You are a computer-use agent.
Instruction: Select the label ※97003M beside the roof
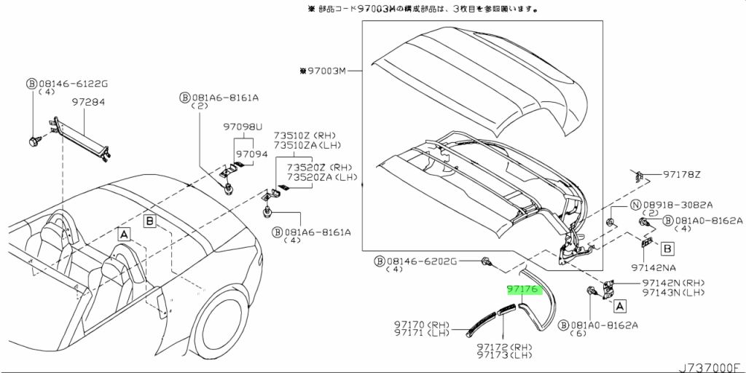321,71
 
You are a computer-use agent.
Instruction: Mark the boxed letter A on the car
124,234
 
